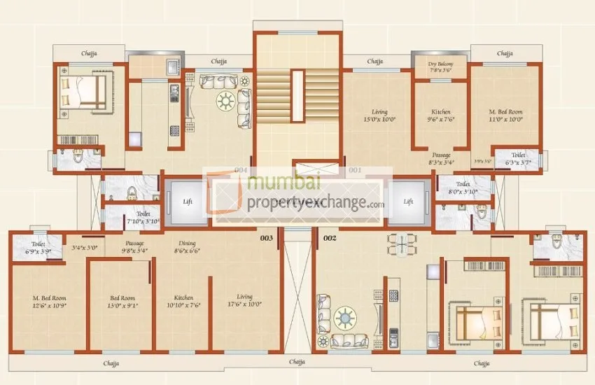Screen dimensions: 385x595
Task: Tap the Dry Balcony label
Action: click(441, 67)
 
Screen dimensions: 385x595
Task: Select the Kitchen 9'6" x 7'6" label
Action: click(441, 115)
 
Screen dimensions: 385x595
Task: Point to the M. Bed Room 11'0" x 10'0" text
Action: click(505, 115)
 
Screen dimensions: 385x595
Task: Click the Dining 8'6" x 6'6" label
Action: click(187, 246)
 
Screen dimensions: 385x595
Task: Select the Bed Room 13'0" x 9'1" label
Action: click(122, 302)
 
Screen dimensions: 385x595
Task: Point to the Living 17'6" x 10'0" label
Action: click(244, 302)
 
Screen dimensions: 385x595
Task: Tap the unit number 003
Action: click(266, 239)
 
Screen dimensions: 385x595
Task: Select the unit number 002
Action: click(331, 239)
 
